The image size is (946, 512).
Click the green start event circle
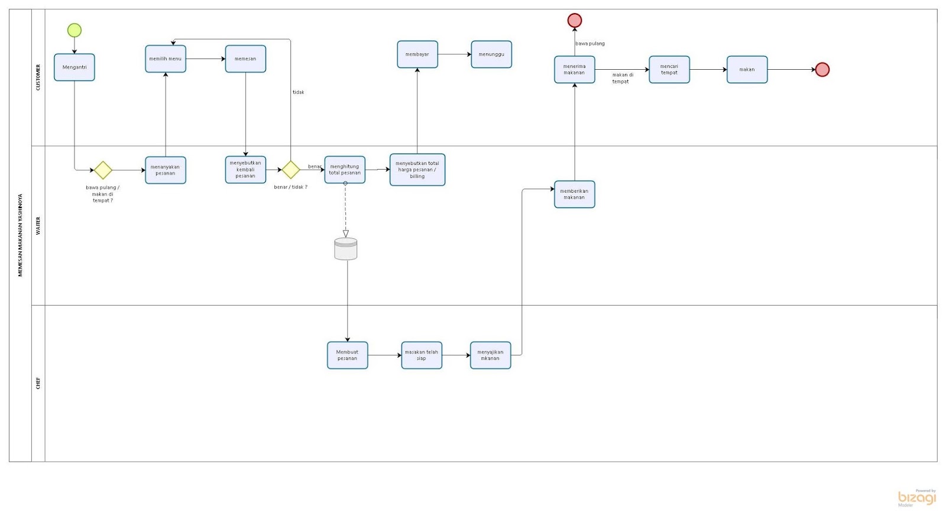click(x=74, y=30)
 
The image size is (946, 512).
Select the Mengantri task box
click(x=74, y=67)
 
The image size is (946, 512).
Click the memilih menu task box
click(x=166, y=59)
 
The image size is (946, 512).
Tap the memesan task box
click(x=245, y=59)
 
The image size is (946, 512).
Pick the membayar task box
click(x=417, y=54)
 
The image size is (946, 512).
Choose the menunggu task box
click(x=491, y=54)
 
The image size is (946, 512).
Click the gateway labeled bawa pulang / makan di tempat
click(x=103, y=170)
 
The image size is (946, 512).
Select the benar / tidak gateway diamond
click(x=290, y=170)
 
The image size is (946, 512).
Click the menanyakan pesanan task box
click(x=166, y=170)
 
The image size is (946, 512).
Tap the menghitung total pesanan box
click(x=345, y=170)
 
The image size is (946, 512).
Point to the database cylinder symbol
click(x=346, y=249)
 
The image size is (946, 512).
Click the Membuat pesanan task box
click(x=348, y=355)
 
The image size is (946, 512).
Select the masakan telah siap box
click(x=422, y=355)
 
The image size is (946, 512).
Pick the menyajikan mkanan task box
click(x=490, y=355)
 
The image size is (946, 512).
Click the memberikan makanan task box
click(x=574, y=195)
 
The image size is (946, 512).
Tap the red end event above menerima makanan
click(x=575, y=21)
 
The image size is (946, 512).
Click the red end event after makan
click(x=822, y=70)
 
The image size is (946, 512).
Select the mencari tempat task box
click(x=669, y=70)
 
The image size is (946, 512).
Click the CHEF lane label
click(x=38, y=383)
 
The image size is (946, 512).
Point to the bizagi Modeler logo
click(x=917, y=498)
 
